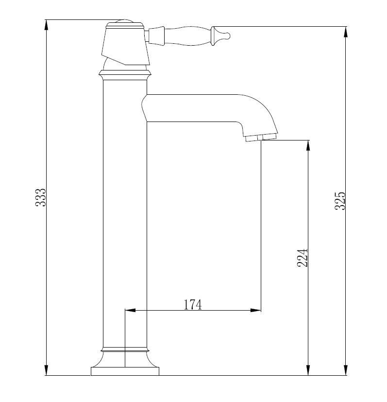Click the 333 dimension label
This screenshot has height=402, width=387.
click(40, 197)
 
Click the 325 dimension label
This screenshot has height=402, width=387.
click(340, 201)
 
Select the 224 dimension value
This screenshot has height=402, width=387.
click(302, 258)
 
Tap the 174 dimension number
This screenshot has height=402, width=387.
click(193, 304)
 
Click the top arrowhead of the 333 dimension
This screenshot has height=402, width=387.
click(46, 25)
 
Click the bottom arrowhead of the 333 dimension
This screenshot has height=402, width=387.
click(46, 370)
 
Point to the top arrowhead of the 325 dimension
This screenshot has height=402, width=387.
click(346, 32)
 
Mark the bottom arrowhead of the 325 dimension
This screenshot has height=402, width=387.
click(346, 370)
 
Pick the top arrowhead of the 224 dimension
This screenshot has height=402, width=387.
click(308, 146)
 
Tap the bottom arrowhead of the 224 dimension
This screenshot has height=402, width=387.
click(308, 370)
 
